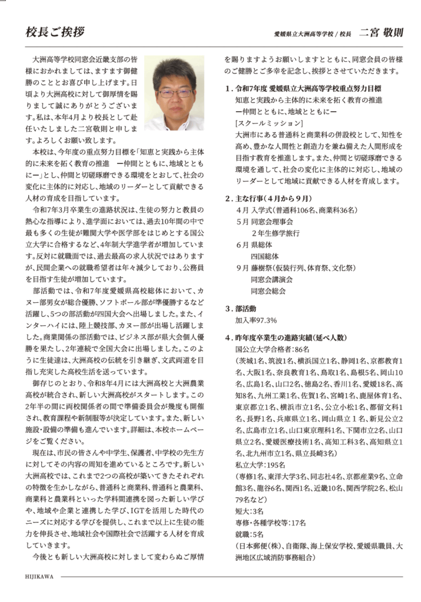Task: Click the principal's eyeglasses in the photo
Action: click(x=175, y=93)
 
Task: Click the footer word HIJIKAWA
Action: click(x=39, y=577)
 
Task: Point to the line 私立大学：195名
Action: click(x=252, y=464)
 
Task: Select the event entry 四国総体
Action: click(x=263, y=256)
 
